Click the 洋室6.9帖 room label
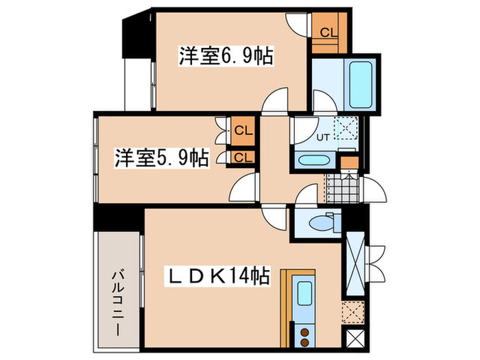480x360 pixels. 226,56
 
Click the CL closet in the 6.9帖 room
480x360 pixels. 328,32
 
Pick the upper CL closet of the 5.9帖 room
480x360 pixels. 241,129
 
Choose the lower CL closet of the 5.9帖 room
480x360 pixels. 241,158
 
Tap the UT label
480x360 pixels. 323,137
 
